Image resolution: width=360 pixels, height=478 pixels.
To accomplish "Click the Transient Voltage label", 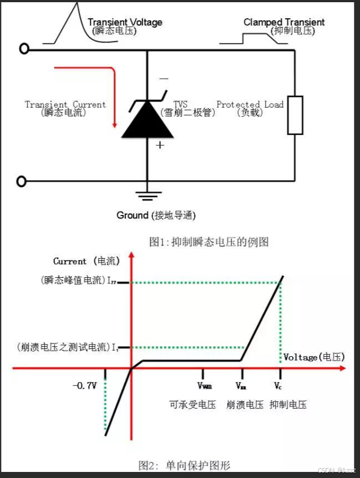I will (125, 23).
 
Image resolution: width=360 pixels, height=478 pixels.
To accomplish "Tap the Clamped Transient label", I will (284, 23).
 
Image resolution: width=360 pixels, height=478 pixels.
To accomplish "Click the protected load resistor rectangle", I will (295, 115).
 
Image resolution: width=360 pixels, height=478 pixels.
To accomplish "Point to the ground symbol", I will (147, 194).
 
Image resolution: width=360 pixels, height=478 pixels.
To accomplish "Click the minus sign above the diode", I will (164, 79).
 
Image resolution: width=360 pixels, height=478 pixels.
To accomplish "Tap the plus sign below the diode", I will (160, 145).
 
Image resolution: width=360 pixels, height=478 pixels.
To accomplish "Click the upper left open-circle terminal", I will (23, 49).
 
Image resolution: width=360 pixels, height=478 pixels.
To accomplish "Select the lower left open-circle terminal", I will (22, 181).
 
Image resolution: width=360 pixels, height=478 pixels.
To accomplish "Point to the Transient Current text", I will (65, 104).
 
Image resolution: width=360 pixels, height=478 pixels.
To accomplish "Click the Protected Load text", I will (250, 104).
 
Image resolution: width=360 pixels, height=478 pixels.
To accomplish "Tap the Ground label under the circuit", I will (156, 215).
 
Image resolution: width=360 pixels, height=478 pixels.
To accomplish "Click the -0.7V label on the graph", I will (84, 385).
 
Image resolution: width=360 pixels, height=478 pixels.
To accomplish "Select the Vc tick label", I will (279, 385).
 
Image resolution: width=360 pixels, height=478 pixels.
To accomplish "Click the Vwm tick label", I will (204, 386).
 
